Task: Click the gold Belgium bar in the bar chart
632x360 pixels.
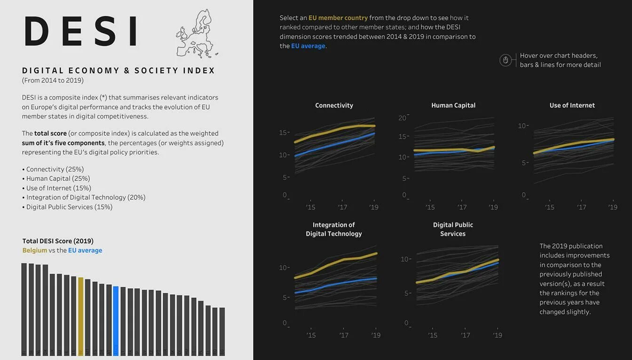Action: pyautogui.click(x=80, y=315)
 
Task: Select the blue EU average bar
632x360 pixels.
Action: pyautogui.click(x=116, y=320)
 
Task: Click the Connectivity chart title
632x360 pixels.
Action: pyautogui.click(x=334, y=105)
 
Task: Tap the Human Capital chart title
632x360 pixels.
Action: pyautogui.click(x=453, y=105)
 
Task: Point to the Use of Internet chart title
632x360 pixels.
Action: pyautogui.click(x=572, y=105)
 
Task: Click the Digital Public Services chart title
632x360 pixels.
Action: pyautogui.click(x=453, y=229)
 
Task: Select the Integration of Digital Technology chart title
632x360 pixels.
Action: pyautogui.click(x=334, y=229)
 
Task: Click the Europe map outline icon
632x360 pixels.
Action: pyautogui.click(x=197, y=34)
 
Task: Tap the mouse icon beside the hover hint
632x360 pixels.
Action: pyautogui.click(x=506, y=60)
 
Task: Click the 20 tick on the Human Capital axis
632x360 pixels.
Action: pyautogui.click(x=402, y=117)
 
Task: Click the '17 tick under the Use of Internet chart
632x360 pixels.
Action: pyautogui.click(x=582, y=207)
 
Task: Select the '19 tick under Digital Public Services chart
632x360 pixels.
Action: pyautogui.click(x=498, y=335)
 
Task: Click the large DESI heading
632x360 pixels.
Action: pyautogui.click(x=81, y=32)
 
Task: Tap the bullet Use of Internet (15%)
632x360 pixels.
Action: pyautogui.click(x=58, y=188)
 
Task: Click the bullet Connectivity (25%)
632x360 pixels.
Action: pyautogui.click(x=55, y=169)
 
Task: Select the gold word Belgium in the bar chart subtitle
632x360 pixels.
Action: pyautogui.click(x=35, y=250)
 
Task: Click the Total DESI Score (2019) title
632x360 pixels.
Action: pyautogui.click(x=58, y=241)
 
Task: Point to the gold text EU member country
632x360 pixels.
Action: pyautogui.click(x=338, y=18)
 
